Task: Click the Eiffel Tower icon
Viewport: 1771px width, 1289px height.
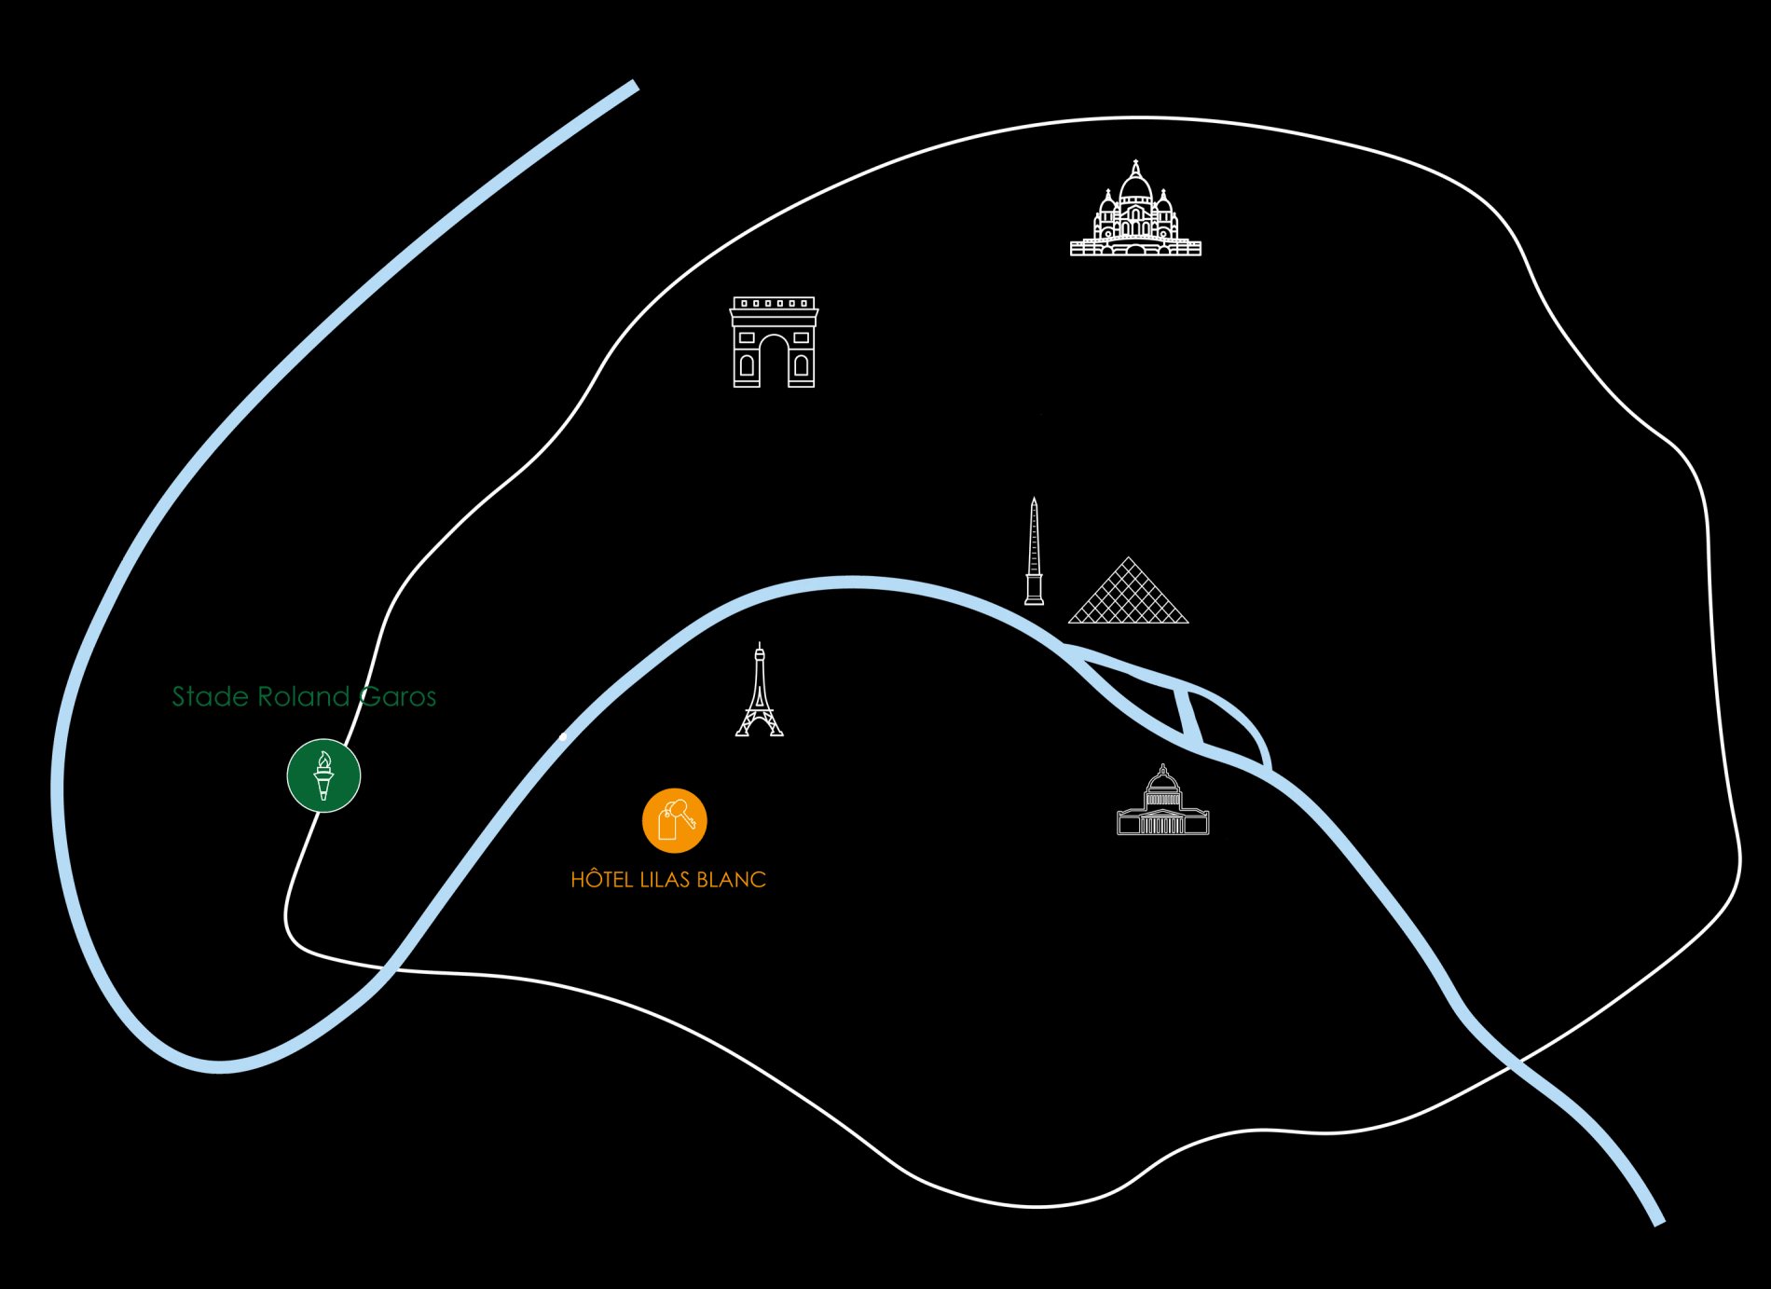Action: [760, 694]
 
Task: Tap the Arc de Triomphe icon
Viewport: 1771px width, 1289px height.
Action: [774, 343]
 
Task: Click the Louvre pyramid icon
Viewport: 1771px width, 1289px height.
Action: [1129, 595]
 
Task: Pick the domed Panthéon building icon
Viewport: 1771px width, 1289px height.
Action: [1162, 803]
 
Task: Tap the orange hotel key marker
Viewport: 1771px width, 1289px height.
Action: [675, 821]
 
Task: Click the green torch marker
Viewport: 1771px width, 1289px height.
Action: [323, 775]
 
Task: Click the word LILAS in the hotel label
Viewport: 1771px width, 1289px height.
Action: [666, 880]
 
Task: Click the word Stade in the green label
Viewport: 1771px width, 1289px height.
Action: [211, 696]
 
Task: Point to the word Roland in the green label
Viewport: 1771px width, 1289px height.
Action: [304, 696]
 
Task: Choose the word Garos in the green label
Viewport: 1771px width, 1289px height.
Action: [398, 696]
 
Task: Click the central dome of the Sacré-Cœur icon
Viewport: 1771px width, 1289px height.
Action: [1135, 186]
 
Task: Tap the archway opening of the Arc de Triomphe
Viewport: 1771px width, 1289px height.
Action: [774, 363]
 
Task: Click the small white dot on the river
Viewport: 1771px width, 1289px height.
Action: [563, 737]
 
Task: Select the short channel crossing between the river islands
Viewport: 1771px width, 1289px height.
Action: [1189, 717]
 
